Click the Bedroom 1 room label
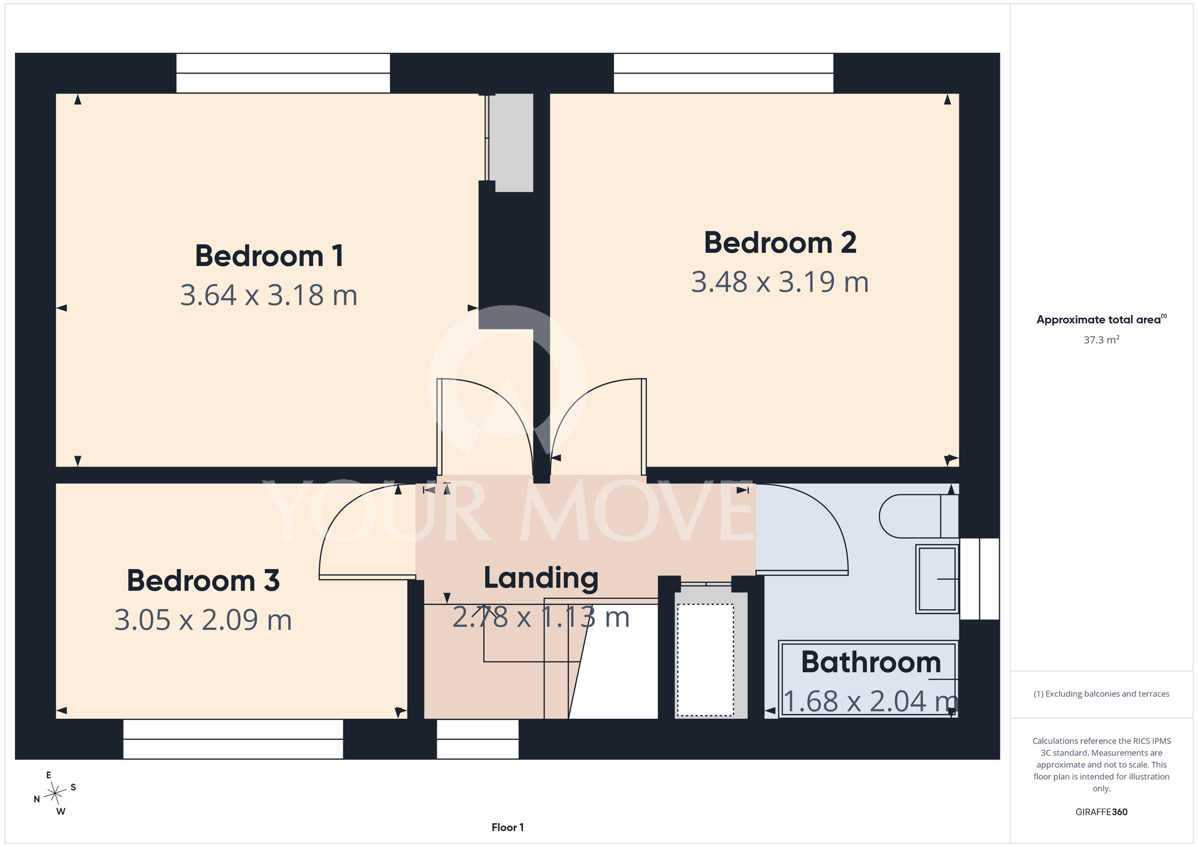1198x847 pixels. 270,256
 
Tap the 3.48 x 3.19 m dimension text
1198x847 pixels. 780,282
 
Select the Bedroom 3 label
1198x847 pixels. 203,581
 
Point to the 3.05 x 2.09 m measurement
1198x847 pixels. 203,620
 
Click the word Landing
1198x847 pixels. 541,579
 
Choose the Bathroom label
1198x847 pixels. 871,663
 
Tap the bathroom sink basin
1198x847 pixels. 937,579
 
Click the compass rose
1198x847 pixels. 55,794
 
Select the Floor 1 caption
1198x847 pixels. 507,827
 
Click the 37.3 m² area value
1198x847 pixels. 1102,340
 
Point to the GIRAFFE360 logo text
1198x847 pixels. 1102,812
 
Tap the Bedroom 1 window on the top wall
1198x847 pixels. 283,73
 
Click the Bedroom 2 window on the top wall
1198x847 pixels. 724,73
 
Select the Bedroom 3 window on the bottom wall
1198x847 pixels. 233,739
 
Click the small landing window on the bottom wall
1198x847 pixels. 477,739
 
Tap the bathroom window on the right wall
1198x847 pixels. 979,579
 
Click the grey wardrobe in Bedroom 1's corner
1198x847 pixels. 510,143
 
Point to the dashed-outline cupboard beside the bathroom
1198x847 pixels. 706,660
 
